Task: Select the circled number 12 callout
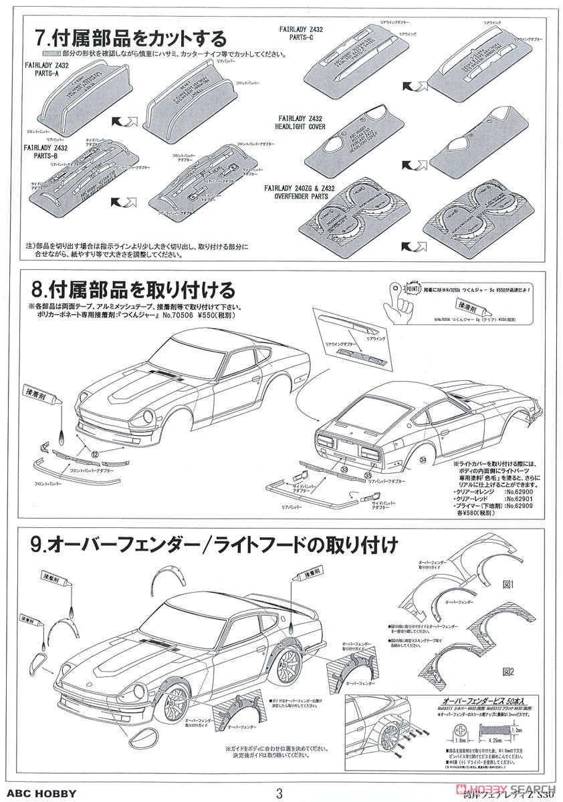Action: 96,454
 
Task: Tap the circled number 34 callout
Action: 423,459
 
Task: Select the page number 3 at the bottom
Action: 280,793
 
